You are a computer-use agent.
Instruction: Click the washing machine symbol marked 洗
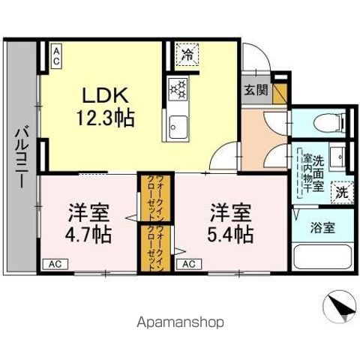coord(342,192)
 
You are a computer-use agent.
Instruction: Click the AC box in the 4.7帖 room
coord(54,263)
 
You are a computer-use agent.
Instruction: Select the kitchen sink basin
coord(178,127)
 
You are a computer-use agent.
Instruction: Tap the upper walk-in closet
coord(148,198)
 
